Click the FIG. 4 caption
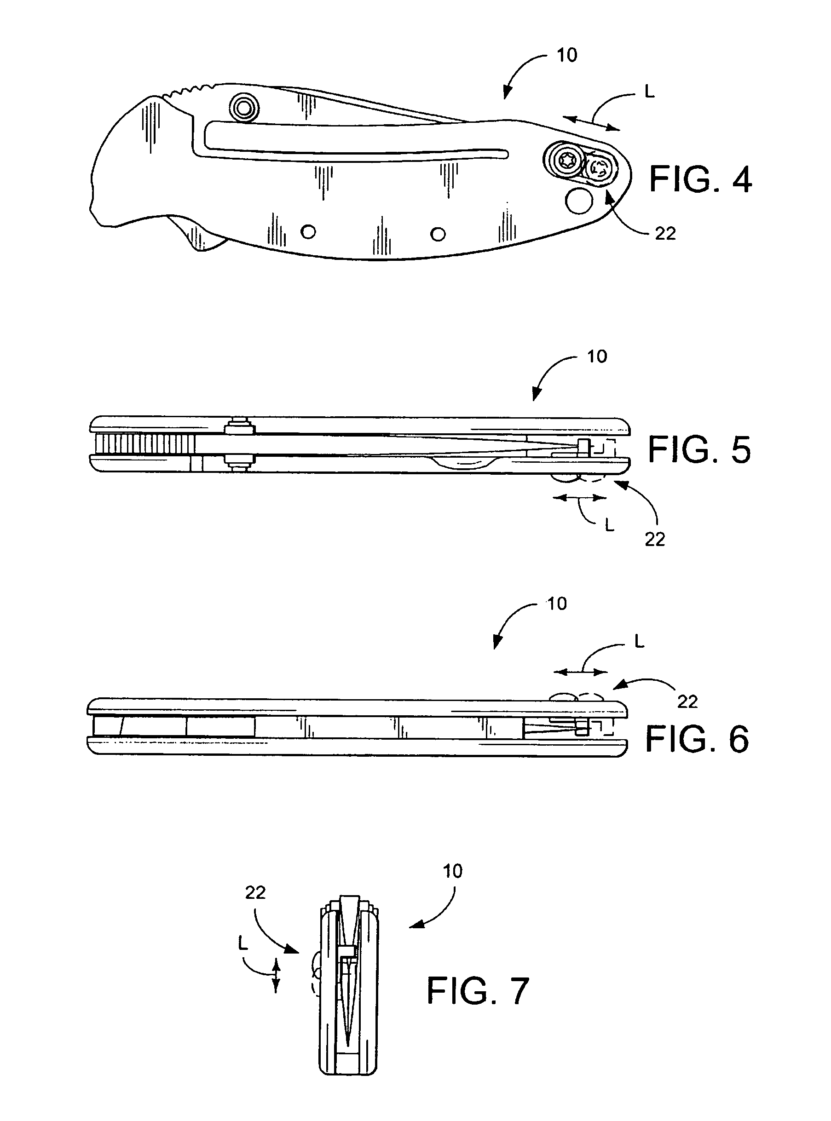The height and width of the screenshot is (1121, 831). (700, 179)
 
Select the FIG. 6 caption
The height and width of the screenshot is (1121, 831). (697, 739)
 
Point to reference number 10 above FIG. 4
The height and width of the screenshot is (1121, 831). (567, 55)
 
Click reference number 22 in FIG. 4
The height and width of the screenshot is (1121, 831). (665, 233)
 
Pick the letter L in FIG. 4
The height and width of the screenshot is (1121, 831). (649, 92)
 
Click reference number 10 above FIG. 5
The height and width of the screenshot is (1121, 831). (597, 356)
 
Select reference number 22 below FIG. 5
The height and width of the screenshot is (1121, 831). (655, 540)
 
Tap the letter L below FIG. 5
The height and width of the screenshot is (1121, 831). (609, 526)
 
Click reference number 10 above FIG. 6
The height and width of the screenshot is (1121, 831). (557, 604)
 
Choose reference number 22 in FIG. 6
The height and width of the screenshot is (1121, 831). (687, 701)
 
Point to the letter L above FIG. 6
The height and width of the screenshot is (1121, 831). (639, 641)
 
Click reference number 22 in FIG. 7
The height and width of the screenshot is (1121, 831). (255, 892)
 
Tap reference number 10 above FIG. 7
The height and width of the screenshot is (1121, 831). (452, 871)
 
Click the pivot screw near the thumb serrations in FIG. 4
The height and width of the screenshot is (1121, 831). (244, 107)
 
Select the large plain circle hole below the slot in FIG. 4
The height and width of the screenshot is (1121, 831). (579, 200)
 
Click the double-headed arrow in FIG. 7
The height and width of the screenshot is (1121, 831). (276, 975)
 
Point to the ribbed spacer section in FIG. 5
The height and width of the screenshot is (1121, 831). (144, 443)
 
